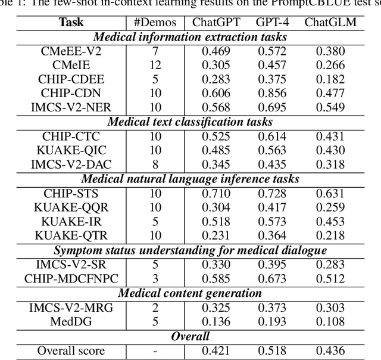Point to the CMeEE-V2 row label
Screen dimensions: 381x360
pos(71,51)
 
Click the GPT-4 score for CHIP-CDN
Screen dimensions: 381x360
pos(272,92)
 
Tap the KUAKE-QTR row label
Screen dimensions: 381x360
pos(71,235)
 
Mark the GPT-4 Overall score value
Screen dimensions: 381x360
pos(272,351)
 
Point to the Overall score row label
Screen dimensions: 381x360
pos(71,351)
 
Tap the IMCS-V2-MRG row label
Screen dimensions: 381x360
pos(71,308)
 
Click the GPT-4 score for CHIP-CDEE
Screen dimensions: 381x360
pos(272,79)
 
